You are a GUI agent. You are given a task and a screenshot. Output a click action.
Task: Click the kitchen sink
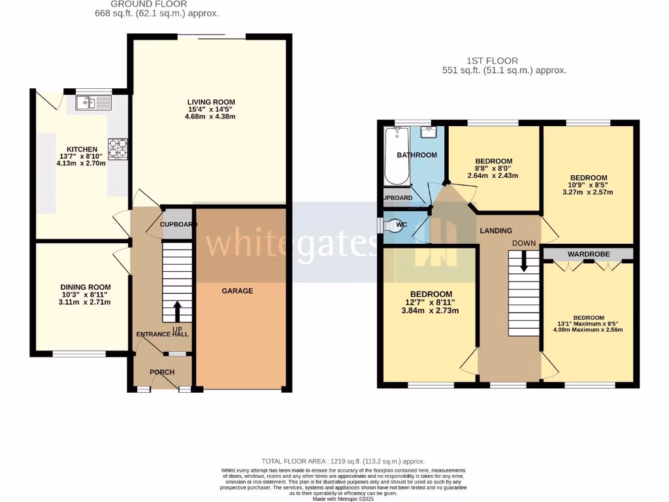pyautogui.click(x=93, y=102)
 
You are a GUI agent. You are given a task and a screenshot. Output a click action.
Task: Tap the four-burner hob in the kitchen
pyautogui.click(x=118, y=148)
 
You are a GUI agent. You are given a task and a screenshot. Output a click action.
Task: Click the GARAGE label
pyautogui.click(x=237, y=291)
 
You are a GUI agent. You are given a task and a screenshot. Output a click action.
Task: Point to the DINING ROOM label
pyautogui.click(x=86, y=287)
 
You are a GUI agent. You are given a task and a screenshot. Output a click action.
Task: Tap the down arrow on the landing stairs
pyautogui.click(x=523, y=263)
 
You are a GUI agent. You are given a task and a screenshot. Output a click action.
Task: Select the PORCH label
pyautogui.click(x=162, y=373)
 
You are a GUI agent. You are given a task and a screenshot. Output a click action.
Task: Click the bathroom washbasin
pyautogui.click(x=429, y=132)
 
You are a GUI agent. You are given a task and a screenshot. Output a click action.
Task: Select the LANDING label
pyautogui.click(x=496, y=231)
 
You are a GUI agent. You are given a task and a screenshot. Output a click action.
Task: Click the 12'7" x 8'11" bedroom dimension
pyautogui.click(x=431, y=302)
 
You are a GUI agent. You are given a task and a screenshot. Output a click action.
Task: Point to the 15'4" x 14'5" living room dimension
pyautogui.click(x=210, y=109)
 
